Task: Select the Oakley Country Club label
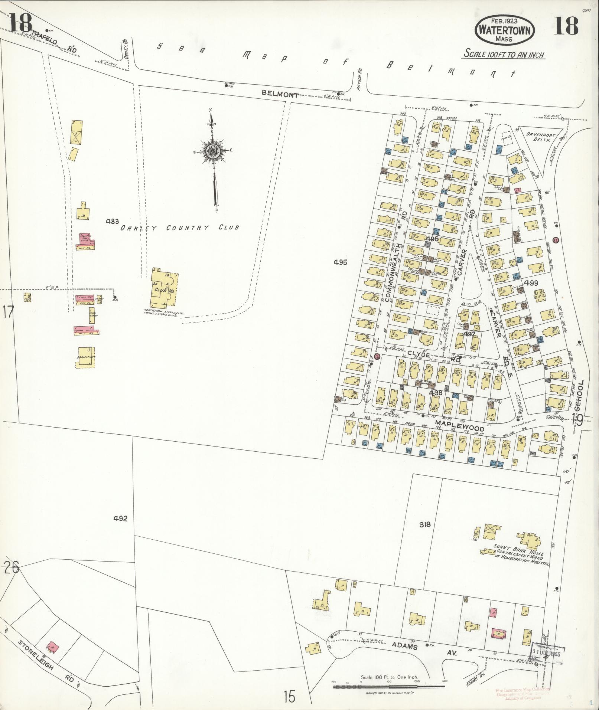[179, 228]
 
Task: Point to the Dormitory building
[87, 357]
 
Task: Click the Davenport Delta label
[537, 137]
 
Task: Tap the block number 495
[340, 262]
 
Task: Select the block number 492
[121, 519]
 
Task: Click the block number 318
[425, 524]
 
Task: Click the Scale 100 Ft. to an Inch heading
[504, 54]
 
